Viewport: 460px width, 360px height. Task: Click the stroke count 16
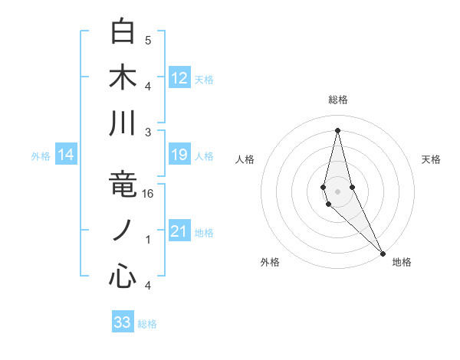coord(149,194)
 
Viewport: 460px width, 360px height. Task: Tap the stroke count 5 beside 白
coord(148,40)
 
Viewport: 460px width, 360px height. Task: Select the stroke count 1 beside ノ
coord(148,240)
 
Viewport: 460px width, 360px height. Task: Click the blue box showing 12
coord(179,77)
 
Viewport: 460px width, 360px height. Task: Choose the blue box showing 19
coord(179,155)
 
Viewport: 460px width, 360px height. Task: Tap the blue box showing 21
coord(179,231)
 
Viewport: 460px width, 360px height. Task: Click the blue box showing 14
coord(66,155)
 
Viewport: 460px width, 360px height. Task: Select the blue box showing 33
coord(123,322)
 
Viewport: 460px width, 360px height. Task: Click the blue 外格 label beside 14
coord(41,156)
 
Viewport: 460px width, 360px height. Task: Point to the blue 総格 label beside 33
coord(147,324)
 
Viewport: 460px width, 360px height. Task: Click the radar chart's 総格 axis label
coord(337,100)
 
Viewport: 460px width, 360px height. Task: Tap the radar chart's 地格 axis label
coord(402,263)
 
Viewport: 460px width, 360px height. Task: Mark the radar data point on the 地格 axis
coord(383,252)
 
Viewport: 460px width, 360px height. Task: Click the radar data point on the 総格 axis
coord(337,129)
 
